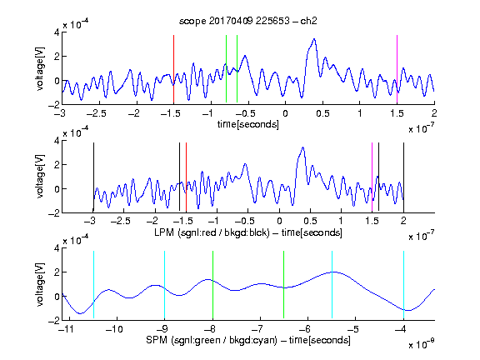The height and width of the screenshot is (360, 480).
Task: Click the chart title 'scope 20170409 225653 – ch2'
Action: click(x=248, y=21)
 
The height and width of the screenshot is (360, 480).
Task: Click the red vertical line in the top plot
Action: click(x=173, y=69)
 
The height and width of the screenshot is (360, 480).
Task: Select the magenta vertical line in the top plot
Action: click(x=397, y=69)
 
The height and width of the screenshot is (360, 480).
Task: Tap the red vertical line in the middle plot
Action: click(x=186, y=177)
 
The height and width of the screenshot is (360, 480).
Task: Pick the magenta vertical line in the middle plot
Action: click(x=372, y=177)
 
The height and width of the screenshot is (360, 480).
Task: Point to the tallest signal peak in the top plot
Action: click(x=314, y=39)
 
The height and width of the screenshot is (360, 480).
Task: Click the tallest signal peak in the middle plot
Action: click(x=303, y=147)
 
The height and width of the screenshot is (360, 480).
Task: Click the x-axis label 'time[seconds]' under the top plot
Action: click(x=248, y=124)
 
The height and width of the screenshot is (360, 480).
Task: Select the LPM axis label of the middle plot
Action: click(x=248, y=232)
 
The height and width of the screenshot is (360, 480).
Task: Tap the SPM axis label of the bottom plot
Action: click(x=248, y=340)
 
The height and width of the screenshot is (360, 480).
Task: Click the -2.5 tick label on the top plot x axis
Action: click(x=96, y=113)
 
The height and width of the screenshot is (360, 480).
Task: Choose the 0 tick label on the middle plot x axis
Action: click(x=279, y=221)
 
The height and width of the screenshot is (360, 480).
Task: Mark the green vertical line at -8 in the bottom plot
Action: click(x=212, y=285)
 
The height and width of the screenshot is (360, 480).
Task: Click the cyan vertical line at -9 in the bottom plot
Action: click(x=164, y=285)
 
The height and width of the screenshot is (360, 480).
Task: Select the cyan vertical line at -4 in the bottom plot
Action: click(x=403, y=285)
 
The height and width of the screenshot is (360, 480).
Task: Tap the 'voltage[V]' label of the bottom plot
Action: click(x=40, y=285)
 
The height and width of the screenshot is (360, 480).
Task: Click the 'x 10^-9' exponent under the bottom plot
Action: click(x=421, y=344)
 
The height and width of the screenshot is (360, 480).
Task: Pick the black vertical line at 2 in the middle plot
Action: click(x=403, y=177)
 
